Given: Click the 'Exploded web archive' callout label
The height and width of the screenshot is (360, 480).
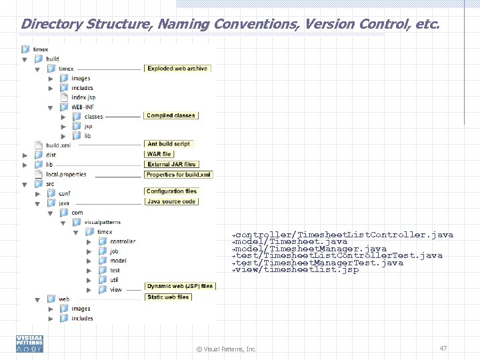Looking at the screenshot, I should pyautogui.click(x=177, y=69).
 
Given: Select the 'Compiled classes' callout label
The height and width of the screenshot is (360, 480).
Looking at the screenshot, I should pyautogui.click(x=171, y=116).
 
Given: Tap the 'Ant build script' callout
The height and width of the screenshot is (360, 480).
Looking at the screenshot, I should pyautogui.click(x=169, y=144).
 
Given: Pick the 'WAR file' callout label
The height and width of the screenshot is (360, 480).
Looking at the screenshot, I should pyautogui.click(x=159, y=154).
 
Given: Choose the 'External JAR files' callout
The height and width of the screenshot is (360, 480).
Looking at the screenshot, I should pyautogui.click(x=172, y=164).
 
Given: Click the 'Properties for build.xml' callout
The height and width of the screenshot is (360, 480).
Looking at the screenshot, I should pyautogui.click(x=179, y=175).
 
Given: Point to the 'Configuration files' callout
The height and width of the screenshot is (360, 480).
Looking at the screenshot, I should pyautogui.click(x=172, y=191).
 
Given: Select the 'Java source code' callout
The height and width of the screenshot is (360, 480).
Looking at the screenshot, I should pyautogui.click(x=171, y=201).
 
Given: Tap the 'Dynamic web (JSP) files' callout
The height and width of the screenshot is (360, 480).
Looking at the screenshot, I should pyautogui.click(x=180, y=287).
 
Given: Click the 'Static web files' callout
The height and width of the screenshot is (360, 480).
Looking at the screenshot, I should pyautogui.click(x=168, y=297).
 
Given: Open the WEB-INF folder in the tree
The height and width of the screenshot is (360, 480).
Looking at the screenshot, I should pyautogui.click(x=83, y=107).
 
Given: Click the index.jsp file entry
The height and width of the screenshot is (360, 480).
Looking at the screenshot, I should pyautogui.click(x=83, y=97).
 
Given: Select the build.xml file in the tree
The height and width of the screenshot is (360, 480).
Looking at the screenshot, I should pyautogui.click(x=58, y=145).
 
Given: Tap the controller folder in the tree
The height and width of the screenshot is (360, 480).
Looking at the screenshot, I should pyautogui.click(x=122, y=241).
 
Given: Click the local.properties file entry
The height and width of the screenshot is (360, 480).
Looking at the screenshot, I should pyautogui.click(x=65, y=175).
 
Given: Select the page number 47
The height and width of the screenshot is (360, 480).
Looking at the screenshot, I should pyautogui.click(x=443, y=348).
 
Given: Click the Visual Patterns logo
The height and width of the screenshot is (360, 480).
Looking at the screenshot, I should pyautogui.click(x=29, y=343).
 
